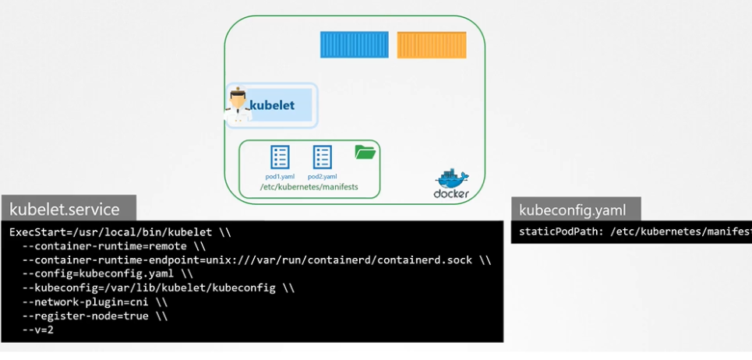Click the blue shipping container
pos(354,44)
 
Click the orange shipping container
pos(431,44)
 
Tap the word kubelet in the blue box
pos(272,104)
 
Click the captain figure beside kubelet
pos(238,105)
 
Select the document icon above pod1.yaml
pos(280,157)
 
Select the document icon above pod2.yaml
pos(322,157)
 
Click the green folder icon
pos(365,152)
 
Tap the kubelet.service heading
pos(65,209)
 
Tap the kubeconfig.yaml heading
pos(572,210)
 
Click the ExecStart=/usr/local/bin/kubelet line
pos(120,232)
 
